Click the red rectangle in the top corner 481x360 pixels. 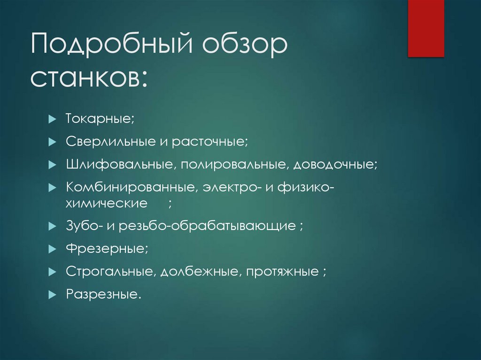426,28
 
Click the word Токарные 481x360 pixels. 99,119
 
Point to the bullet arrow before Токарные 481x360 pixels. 52,119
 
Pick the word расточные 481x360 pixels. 209,141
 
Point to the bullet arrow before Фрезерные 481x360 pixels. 52,249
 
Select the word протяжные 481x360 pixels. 281,272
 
